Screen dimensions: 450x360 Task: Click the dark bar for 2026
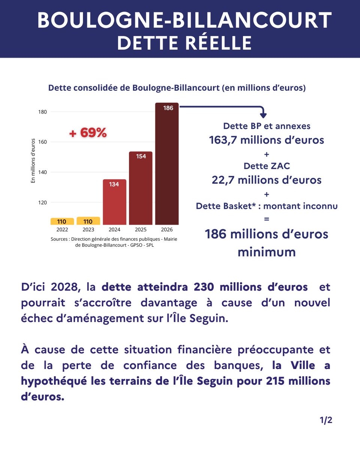(167, 165)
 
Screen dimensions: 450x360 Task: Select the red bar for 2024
(114, 202)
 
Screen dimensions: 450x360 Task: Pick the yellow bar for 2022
(62, 222)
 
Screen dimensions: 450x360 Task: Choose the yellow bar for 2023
(88, 221)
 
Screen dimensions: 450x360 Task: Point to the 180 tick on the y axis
(42, 112)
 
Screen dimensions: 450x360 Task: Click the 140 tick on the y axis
(42, 172)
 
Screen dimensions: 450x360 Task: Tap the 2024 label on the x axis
(114, 229)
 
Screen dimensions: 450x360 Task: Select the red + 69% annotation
(88, 133)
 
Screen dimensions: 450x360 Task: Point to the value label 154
(141, 156)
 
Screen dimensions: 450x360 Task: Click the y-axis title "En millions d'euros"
(33, 161)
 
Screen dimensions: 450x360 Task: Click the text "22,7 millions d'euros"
(267, 180)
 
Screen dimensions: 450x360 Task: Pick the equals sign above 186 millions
(267, 219)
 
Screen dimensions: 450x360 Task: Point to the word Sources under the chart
(60, 239)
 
